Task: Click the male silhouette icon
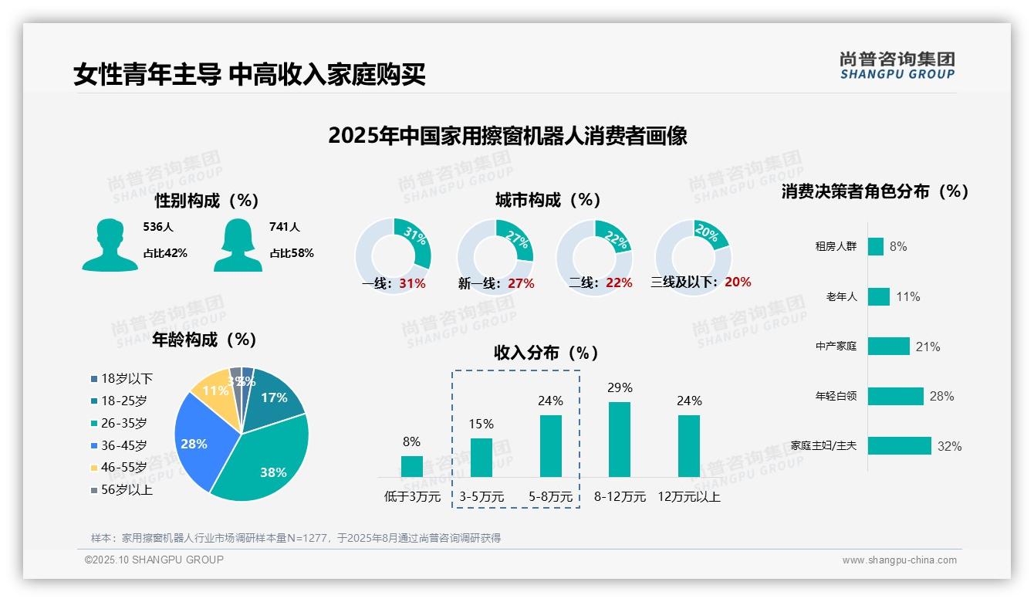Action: [x=110, y=245]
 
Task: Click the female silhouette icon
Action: [x=238, y=245]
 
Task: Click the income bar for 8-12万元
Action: [x=620, y=439]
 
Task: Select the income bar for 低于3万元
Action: [x=412, y=466]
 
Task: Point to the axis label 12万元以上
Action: [x=688, y=496]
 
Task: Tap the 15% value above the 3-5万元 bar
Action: [x=481, y=424]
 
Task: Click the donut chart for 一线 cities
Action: [x=394, y=256]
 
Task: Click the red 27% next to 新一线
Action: [x=522, y=283]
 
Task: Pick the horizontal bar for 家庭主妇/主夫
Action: [x=900, y=445]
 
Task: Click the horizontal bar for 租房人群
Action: [x=876, y=246]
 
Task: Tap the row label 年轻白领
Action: [x=836, y=396]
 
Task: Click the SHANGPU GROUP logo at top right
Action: [x=897, y=66]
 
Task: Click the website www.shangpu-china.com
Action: [x=899, y=560]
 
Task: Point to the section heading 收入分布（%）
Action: [x=546, y=353]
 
